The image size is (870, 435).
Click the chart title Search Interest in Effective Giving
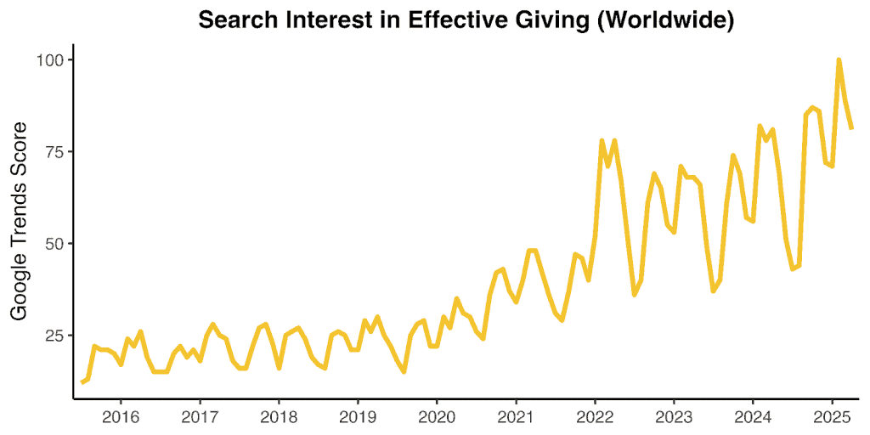coord(466,20)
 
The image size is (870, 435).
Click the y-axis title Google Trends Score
coord(19,220)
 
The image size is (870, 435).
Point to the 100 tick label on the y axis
coord(50,60)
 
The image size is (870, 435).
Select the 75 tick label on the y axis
coord(54,152)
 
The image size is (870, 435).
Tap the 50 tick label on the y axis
coord(54,244)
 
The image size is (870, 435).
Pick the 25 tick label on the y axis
coord(54,336)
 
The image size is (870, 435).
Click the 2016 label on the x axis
coord(121,417)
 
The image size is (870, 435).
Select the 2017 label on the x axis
coord(200,417)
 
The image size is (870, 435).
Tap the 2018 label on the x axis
coord(279,417)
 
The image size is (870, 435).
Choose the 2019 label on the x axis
coord(358,417)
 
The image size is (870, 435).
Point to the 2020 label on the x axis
coord(437,417)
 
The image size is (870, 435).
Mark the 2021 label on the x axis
coord(516,417)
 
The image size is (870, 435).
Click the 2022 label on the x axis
coord(595,417)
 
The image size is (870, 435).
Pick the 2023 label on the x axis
coord(674,417)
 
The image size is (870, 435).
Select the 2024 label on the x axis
coord(753,417)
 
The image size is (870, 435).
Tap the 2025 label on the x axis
coord(832,417)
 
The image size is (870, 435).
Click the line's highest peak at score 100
coord(839,60)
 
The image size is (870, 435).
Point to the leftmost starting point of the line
coord(82,382)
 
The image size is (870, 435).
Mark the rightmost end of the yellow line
coord(851,128)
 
